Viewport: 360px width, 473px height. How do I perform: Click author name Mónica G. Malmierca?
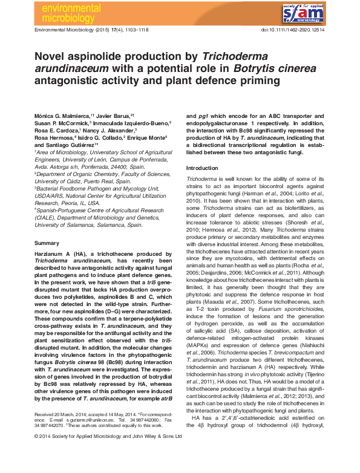(x=62, y=114)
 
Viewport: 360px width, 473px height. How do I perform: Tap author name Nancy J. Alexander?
(x=110, y=130)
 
